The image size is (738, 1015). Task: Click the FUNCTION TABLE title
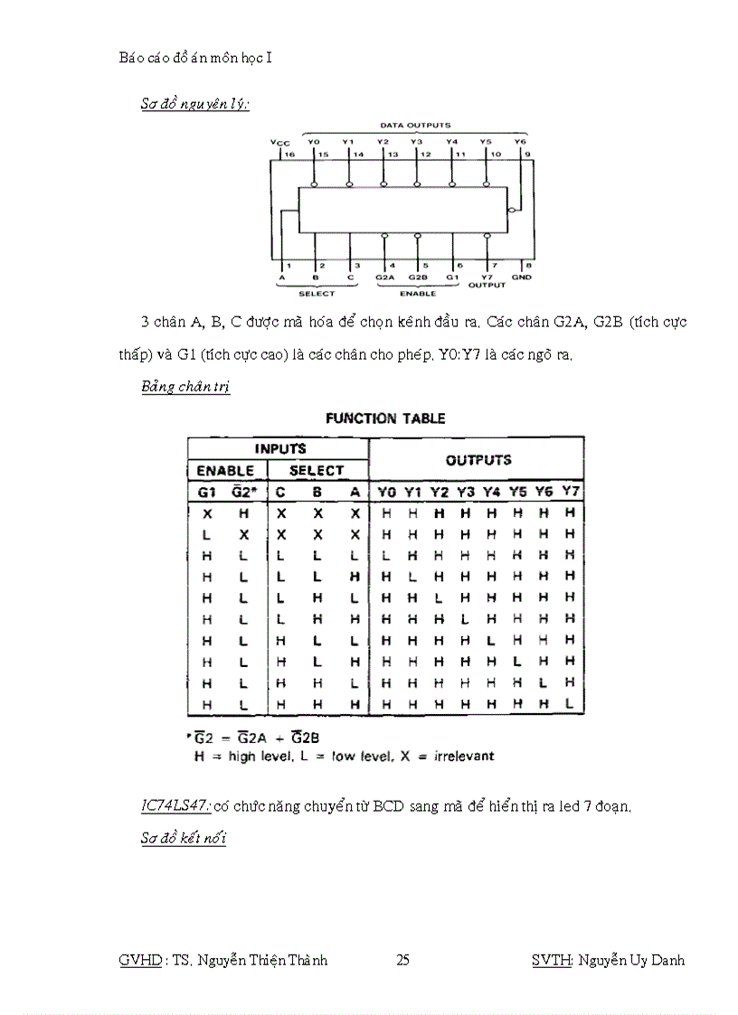[385, 418]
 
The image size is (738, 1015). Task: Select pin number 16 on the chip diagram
[290, 155]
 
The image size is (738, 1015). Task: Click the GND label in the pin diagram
[522, 278]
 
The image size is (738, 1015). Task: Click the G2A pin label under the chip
[384, 277]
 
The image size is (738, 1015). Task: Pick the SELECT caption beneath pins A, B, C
[317, 293]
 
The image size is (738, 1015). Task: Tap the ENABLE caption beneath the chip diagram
[417, 293]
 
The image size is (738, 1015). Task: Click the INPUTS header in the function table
[280, 448]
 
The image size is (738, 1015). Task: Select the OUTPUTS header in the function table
[478, 459]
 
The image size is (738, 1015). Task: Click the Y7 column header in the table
[570, 491]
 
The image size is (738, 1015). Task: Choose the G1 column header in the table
[207, 492]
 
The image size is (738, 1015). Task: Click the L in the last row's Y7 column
[570, 702]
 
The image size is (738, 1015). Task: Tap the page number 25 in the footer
[403, 960]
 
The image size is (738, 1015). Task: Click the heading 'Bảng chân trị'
[185, 387]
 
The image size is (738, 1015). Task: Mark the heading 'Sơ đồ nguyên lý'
[194, 103]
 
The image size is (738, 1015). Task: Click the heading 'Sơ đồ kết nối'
[184, 838]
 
